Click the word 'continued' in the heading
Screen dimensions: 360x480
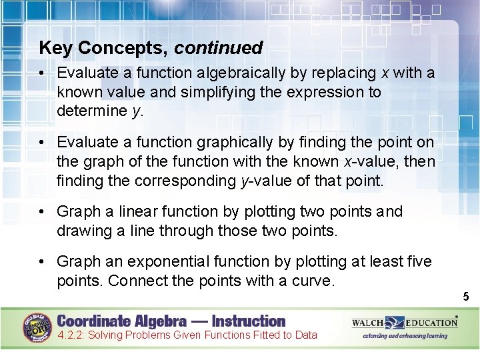tap(219, 48)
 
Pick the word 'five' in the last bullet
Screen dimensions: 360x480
tap(417, 261)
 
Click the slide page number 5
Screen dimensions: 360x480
tap(467, 297)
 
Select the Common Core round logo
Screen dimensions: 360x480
tap(37, 327)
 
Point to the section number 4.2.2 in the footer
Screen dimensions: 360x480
tap(72, 335)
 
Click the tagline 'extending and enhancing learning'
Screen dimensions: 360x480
tap(405, 336)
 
